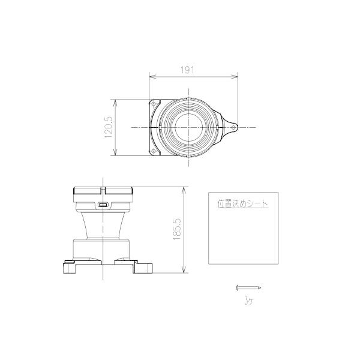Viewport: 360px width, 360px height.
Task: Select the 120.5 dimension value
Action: coord(109,127)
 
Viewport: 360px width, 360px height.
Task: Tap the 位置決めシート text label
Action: coord(243,204)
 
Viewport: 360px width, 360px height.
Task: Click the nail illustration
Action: coord(248,287)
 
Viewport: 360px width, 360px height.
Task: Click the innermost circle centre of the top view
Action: coord(189,127)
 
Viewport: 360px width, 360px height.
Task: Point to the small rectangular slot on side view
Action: coord(103,205)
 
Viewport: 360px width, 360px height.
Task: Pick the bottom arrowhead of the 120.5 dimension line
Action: coord(115,155)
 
